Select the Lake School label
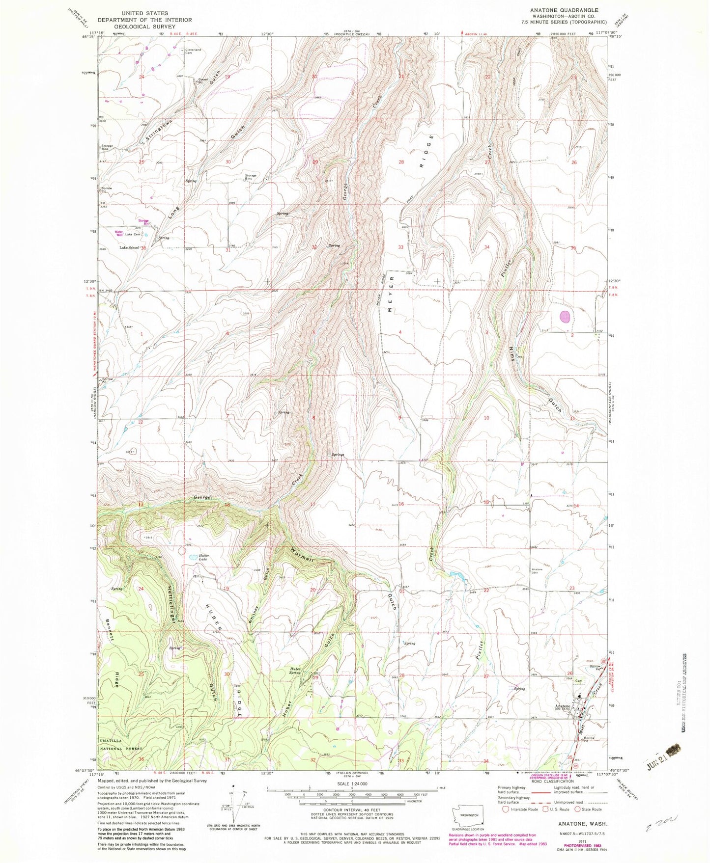[130, 248]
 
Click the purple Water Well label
[118, 233]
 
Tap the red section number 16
[401, 504]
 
